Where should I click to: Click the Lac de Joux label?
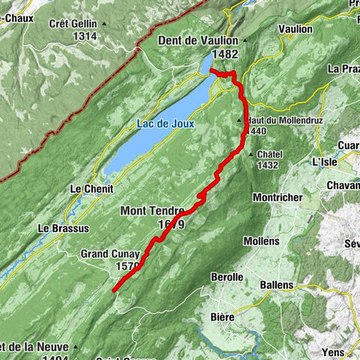coord(165,124)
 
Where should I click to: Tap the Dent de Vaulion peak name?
coord(197,40)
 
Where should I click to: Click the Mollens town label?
coord(261,241)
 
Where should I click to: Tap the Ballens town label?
coord(275,285)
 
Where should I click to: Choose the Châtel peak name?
coord(269,154)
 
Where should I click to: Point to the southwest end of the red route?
coord(114,289)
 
